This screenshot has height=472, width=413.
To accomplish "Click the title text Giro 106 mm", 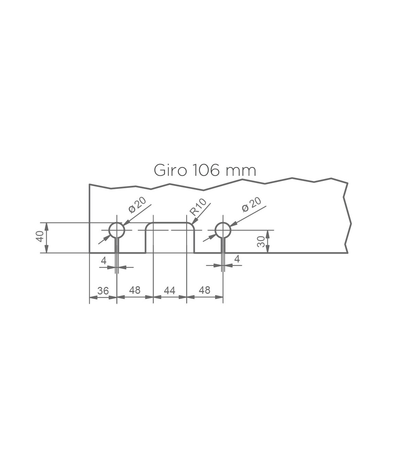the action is click(205, 171).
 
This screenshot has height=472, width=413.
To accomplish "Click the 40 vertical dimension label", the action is click(40, 236).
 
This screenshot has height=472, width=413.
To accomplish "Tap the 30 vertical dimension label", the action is click(261, 242).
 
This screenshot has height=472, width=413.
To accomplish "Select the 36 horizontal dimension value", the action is click(103, 291).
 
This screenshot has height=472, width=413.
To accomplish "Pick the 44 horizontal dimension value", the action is click(170, 290).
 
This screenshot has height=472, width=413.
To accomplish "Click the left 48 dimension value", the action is click(135, 290).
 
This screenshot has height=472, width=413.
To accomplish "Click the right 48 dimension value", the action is click(204, 290).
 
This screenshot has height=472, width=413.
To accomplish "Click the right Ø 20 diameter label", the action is click(252, 204).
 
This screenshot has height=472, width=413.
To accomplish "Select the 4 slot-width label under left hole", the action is click(104, 261).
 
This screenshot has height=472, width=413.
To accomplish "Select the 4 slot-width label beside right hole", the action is click(237, 259).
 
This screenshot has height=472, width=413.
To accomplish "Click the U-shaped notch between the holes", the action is click(170, 223).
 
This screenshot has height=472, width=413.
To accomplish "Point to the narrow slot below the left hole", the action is click(117, 245).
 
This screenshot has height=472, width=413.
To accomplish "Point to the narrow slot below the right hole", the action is click(223, 245).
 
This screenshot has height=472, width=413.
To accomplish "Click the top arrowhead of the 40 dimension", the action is click(46, 226).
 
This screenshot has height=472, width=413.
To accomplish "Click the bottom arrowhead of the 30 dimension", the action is click(268, 249).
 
